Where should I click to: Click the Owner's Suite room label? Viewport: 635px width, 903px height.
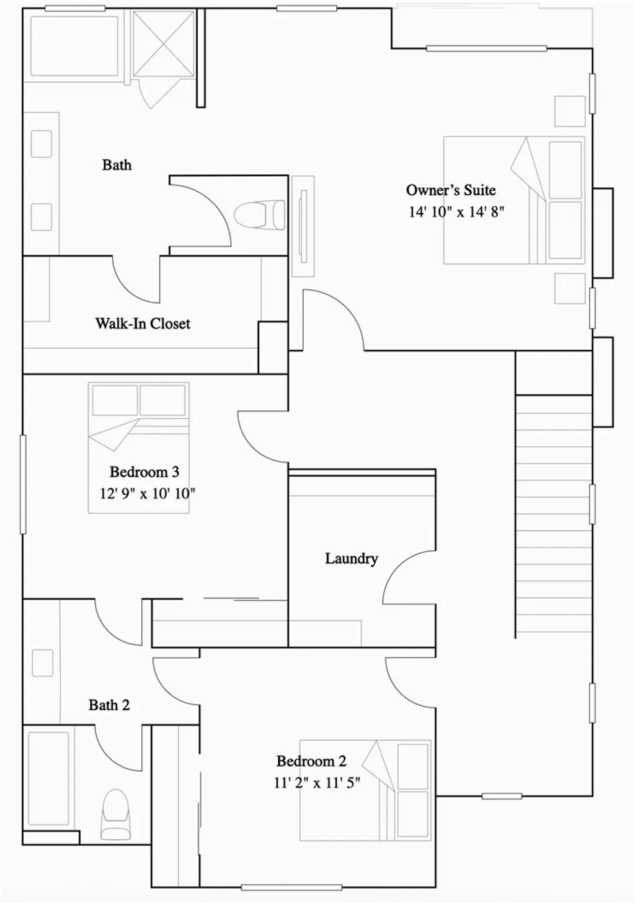[451, 190]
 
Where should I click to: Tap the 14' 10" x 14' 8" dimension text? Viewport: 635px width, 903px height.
[456, 212]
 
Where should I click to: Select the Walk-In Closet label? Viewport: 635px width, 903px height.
[143, 324]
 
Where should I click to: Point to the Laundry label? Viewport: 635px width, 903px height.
[351, 558]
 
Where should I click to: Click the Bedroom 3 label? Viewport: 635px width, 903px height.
[144, 472]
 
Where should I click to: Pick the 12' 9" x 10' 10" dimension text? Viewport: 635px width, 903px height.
[148, 494]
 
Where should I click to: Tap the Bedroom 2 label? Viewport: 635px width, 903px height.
[311, 761]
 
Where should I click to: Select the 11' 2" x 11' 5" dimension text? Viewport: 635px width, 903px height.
[316, 783]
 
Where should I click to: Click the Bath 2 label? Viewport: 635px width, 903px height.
[109, 705]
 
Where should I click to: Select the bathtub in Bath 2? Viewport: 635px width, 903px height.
[48, 778]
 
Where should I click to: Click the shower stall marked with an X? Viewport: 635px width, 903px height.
[163, 43]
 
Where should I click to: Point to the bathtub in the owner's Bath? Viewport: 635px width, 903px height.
[74, 46]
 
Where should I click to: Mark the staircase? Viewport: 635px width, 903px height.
[553, 514]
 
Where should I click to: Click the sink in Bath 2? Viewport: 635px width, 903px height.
[42, 663]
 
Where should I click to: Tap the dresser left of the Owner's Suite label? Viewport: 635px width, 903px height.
[303, 226]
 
